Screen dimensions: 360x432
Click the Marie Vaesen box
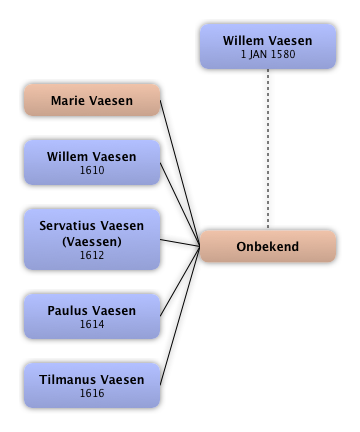point(92,100)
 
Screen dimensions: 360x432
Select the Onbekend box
point(268,246)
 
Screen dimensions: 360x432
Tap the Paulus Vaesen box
point(92,316)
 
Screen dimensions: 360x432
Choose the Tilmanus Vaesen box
point(92,385)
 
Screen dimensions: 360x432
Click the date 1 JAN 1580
point(268,54)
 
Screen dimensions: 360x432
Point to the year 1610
point(92,170)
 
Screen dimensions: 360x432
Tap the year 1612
point(92,255)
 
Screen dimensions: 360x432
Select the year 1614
point(92,324)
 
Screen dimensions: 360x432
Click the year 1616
point(92,393)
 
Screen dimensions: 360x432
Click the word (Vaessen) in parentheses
point(92,242)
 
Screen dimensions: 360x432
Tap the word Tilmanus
point(63,380)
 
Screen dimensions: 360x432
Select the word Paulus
point(65,311)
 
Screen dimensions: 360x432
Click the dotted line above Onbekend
point(268,149)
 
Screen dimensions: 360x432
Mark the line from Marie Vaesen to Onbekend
point(180,173)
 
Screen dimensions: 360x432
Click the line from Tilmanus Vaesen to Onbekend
point(180,316)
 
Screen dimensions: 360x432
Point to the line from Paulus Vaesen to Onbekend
point(180,281)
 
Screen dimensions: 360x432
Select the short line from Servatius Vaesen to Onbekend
point(180,243)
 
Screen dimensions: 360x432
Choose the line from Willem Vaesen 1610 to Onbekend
point(180,204)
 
